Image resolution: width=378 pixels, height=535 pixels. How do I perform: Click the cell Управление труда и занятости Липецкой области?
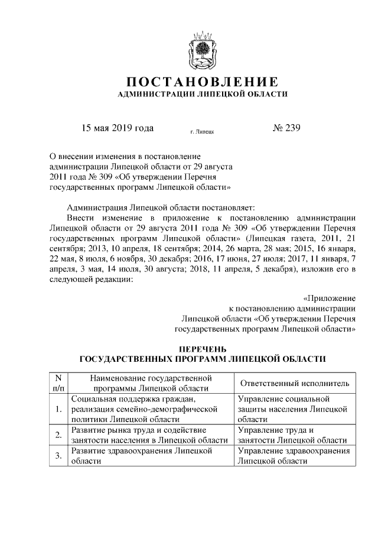pos(292,435)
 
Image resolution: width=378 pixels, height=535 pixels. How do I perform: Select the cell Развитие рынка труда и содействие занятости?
pos(149,435)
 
